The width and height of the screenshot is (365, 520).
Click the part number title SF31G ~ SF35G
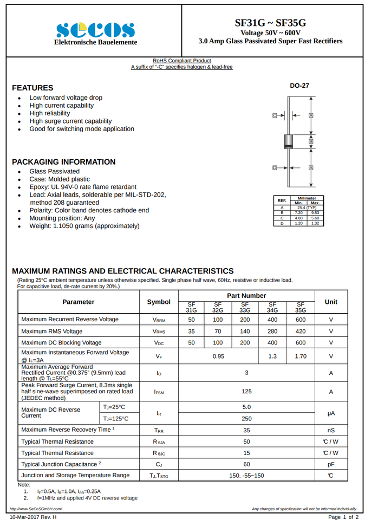click(270, 23)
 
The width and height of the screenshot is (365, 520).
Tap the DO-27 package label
click(299, 86)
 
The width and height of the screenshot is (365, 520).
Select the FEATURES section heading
click(32, 88)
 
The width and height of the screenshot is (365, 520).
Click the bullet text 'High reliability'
click(50, 113)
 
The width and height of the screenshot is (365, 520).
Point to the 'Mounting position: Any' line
click(62, 218)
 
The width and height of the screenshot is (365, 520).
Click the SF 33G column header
click(245, 307)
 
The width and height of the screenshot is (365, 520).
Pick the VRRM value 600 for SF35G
click(301, 320)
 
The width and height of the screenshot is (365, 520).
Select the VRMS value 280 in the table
click(272, 331)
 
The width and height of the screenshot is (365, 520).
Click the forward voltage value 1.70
click(301, 356)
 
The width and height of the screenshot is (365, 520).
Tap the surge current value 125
click(246, 392)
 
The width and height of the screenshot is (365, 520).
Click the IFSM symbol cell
click(159, 392)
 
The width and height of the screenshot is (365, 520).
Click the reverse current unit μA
click(330, 413)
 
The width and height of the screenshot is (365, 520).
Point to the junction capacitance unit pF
click(330, 464)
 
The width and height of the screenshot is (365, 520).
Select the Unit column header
click(330, 302)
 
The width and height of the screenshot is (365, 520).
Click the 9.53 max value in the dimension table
click(315, 213)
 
